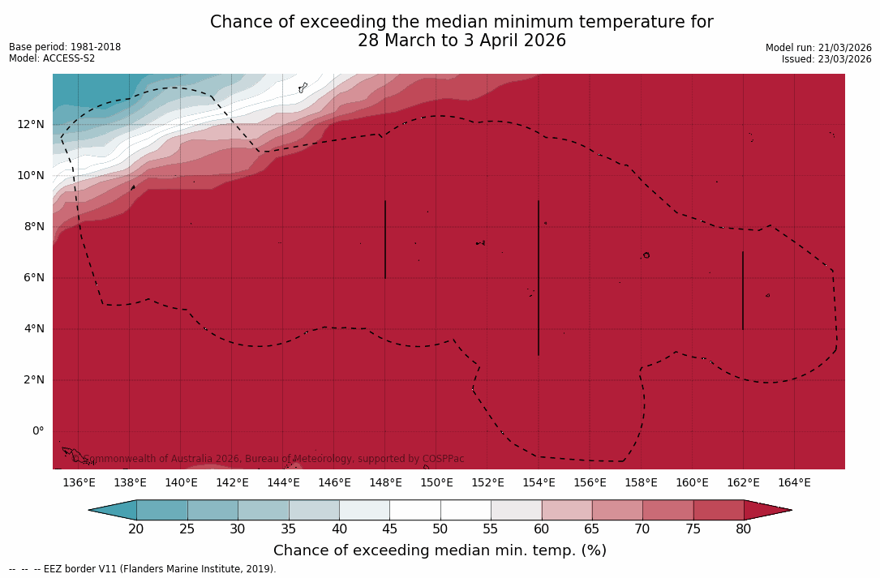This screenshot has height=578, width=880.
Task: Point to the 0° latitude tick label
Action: coord(37,431)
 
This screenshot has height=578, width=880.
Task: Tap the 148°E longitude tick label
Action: coord(385,483)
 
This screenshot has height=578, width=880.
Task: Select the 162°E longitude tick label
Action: coord(743,483)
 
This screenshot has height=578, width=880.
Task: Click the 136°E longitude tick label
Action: coord(79,483)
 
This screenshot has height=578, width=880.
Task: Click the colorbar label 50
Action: coord(440,529)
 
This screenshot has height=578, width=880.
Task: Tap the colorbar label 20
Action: coord(136,529)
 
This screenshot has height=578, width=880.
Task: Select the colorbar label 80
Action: coord(744,529)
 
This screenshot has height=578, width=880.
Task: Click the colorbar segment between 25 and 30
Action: coord(212,510)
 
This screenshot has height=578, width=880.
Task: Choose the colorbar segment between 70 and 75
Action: coord(668,510)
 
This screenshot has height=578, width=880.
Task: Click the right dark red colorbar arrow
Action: coord(766,510)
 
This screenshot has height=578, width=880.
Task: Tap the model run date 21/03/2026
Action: coord(844,48)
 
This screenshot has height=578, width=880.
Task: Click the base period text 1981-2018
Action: coord(95,47)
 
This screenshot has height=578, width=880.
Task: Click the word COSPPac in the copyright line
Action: coord(443,459)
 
